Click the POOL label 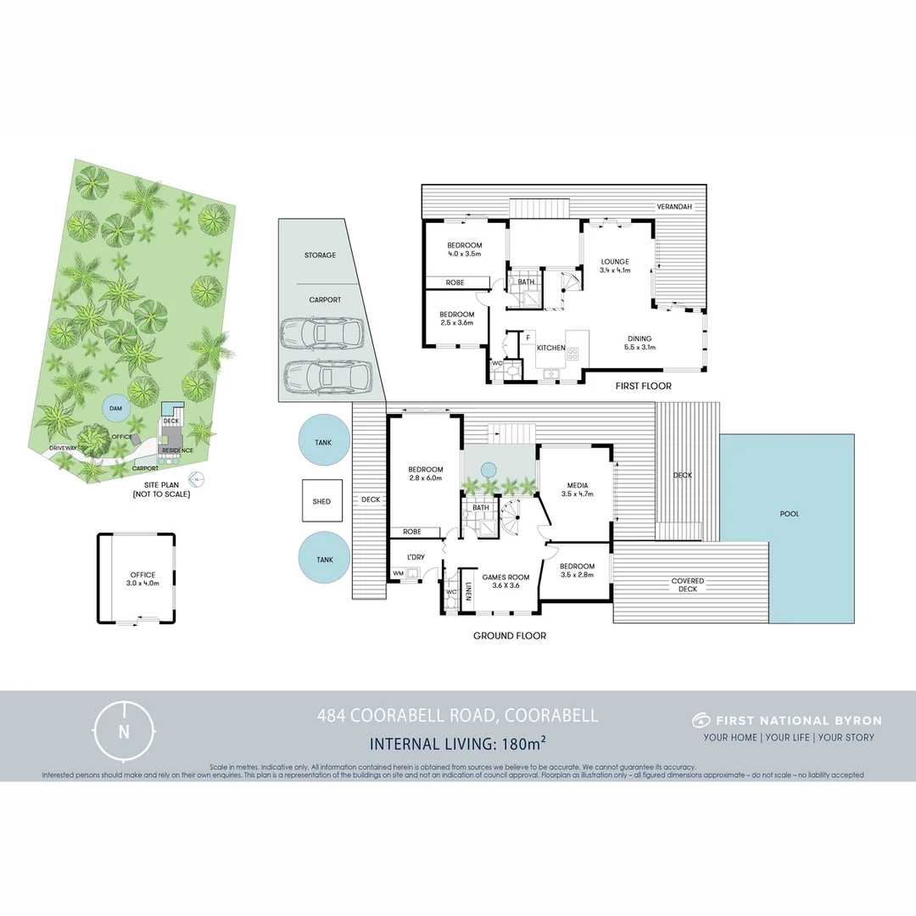790,514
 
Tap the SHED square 321,501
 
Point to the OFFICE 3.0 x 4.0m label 142,579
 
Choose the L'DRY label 416,556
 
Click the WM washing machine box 398,574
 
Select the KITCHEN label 550,348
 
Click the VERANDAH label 674,207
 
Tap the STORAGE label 320,255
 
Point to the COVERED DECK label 688,585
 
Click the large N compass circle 125,731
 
